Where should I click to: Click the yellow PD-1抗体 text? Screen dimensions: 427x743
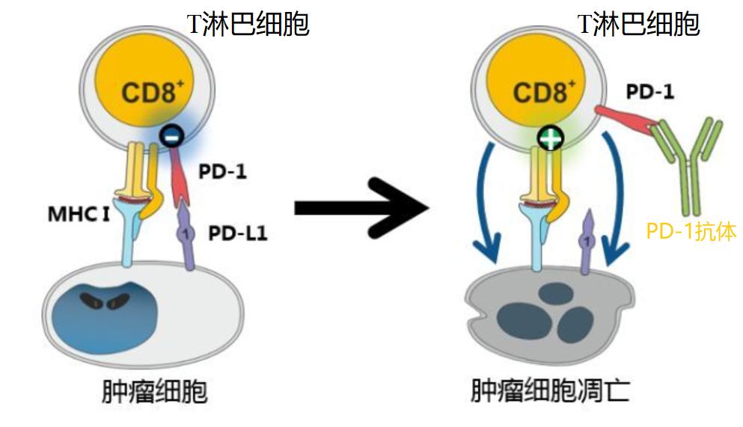click(x=691, y=232)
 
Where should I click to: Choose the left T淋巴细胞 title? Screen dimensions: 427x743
click(x=248, y=25)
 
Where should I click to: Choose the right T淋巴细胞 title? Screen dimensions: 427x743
click(x=639, y=24)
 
